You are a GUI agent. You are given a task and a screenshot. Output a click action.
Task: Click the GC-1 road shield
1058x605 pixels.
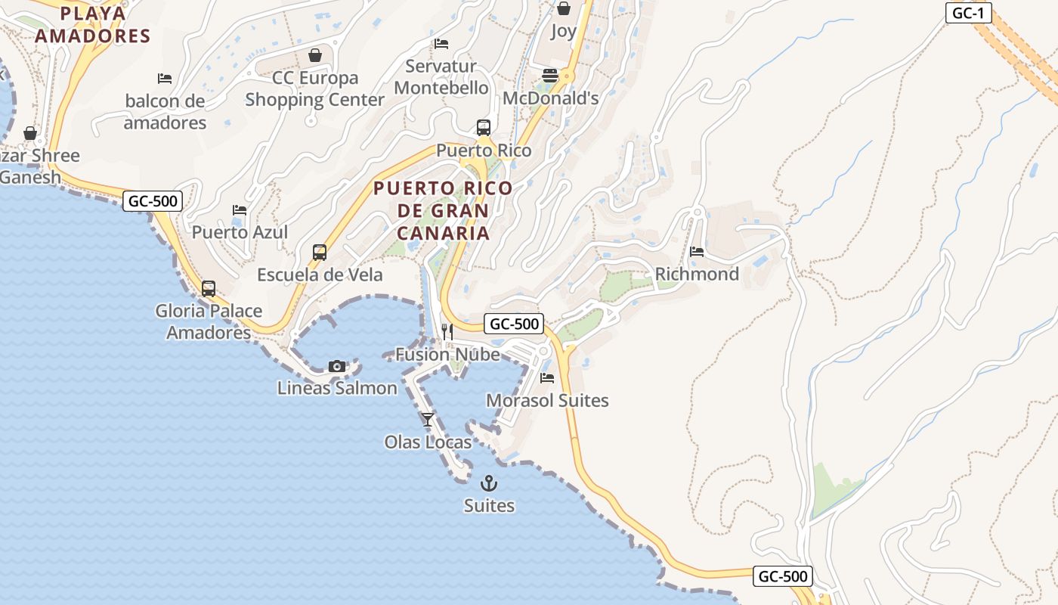[968, 13]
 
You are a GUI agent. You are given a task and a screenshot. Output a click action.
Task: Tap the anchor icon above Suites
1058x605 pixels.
[489, 482]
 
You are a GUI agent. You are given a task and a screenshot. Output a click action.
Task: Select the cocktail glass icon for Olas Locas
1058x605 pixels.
[428, 419]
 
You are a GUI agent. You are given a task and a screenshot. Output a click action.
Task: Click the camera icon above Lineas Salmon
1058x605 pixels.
[337, 367]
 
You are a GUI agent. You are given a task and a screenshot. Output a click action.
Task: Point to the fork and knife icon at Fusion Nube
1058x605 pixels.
[447, 331]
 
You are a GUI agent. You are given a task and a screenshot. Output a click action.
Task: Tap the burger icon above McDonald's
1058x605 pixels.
[550, 76]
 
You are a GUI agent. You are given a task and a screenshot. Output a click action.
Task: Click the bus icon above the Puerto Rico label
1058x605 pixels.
[484, 128]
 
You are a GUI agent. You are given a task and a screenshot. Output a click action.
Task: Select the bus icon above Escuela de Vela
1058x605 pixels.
[320, 253]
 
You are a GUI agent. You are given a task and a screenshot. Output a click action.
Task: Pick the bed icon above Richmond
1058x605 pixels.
[697, 251]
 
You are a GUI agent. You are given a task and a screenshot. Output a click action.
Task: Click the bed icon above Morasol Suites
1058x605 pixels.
[547, 377]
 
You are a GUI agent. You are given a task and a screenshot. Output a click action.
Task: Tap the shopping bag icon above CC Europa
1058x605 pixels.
[315, 55]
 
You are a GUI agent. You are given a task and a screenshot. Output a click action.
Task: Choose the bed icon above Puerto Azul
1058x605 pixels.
[240, 209]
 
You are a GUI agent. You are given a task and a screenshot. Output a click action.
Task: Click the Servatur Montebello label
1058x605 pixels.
[441, 77]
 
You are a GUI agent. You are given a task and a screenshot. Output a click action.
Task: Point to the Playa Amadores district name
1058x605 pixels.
[93, 24]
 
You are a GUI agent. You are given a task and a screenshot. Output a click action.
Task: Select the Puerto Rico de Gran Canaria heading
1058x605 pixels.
[443, 210]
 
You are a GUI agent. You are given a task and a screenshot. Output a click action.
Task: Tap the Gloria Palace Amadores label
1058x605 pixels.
[209, 321]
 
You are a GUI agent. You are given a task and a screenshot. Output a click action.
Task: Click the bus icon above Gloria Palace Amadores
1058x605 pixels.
[209, 289]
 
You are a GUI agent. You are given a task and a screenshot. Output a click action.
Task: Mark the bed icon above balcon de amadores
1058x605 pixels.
[165, 78]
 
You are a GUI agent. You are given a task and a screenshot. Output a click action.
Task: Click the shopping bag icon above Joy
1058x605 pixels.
[563, 9]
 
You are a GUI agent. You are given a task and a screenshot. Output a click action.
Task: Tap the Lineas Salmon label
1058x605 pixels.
[337, 389]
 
